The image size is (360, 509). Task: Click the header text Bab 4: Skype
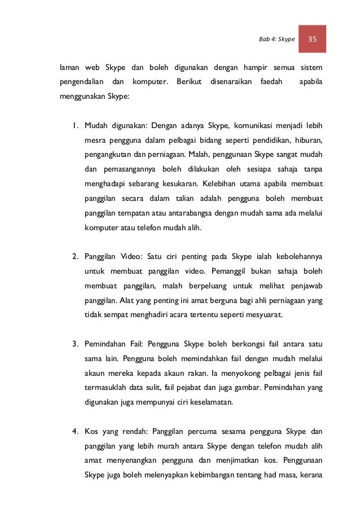click(277, 39)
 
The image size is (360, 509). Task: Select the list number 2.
click(74, 257)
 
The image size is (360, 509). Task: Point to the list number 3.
click(74, 343)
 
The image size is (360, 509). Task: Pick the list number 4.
click(74, 432)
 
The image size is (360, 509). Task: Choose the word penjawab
click(304, 287)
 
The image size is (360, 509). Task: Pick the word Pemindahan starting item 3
click(108, 343)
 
